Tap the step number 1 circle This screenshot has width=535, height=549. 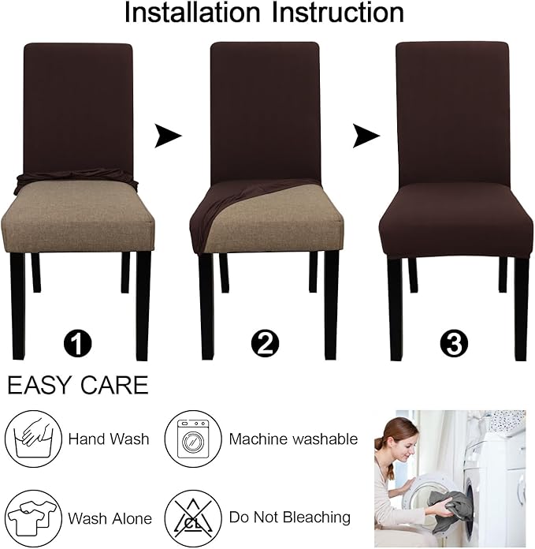pos(77,344)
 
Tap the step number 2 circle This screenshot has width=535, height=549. pos(266,344)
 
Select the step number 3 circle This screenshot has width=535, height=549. pos(455,344)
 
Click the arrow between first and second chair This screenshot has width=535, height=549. pos(167,136)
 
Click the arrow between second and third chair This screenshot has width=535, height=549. pos(366,136)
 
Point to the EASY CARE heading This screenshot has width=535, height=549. pos(77,385)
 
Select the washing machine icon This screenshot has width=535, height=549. pos(191,439)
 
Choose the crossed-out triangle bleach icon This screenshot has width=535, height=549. pos(191,517)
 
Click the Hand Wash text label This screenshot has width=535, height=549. pos(108,439)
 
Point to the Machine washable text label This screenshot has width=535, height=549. pos(293,439)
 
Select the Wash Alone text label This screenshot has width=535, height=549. pos(110,518)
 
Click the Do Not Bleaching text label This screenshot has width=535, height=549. pos(289,518)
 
